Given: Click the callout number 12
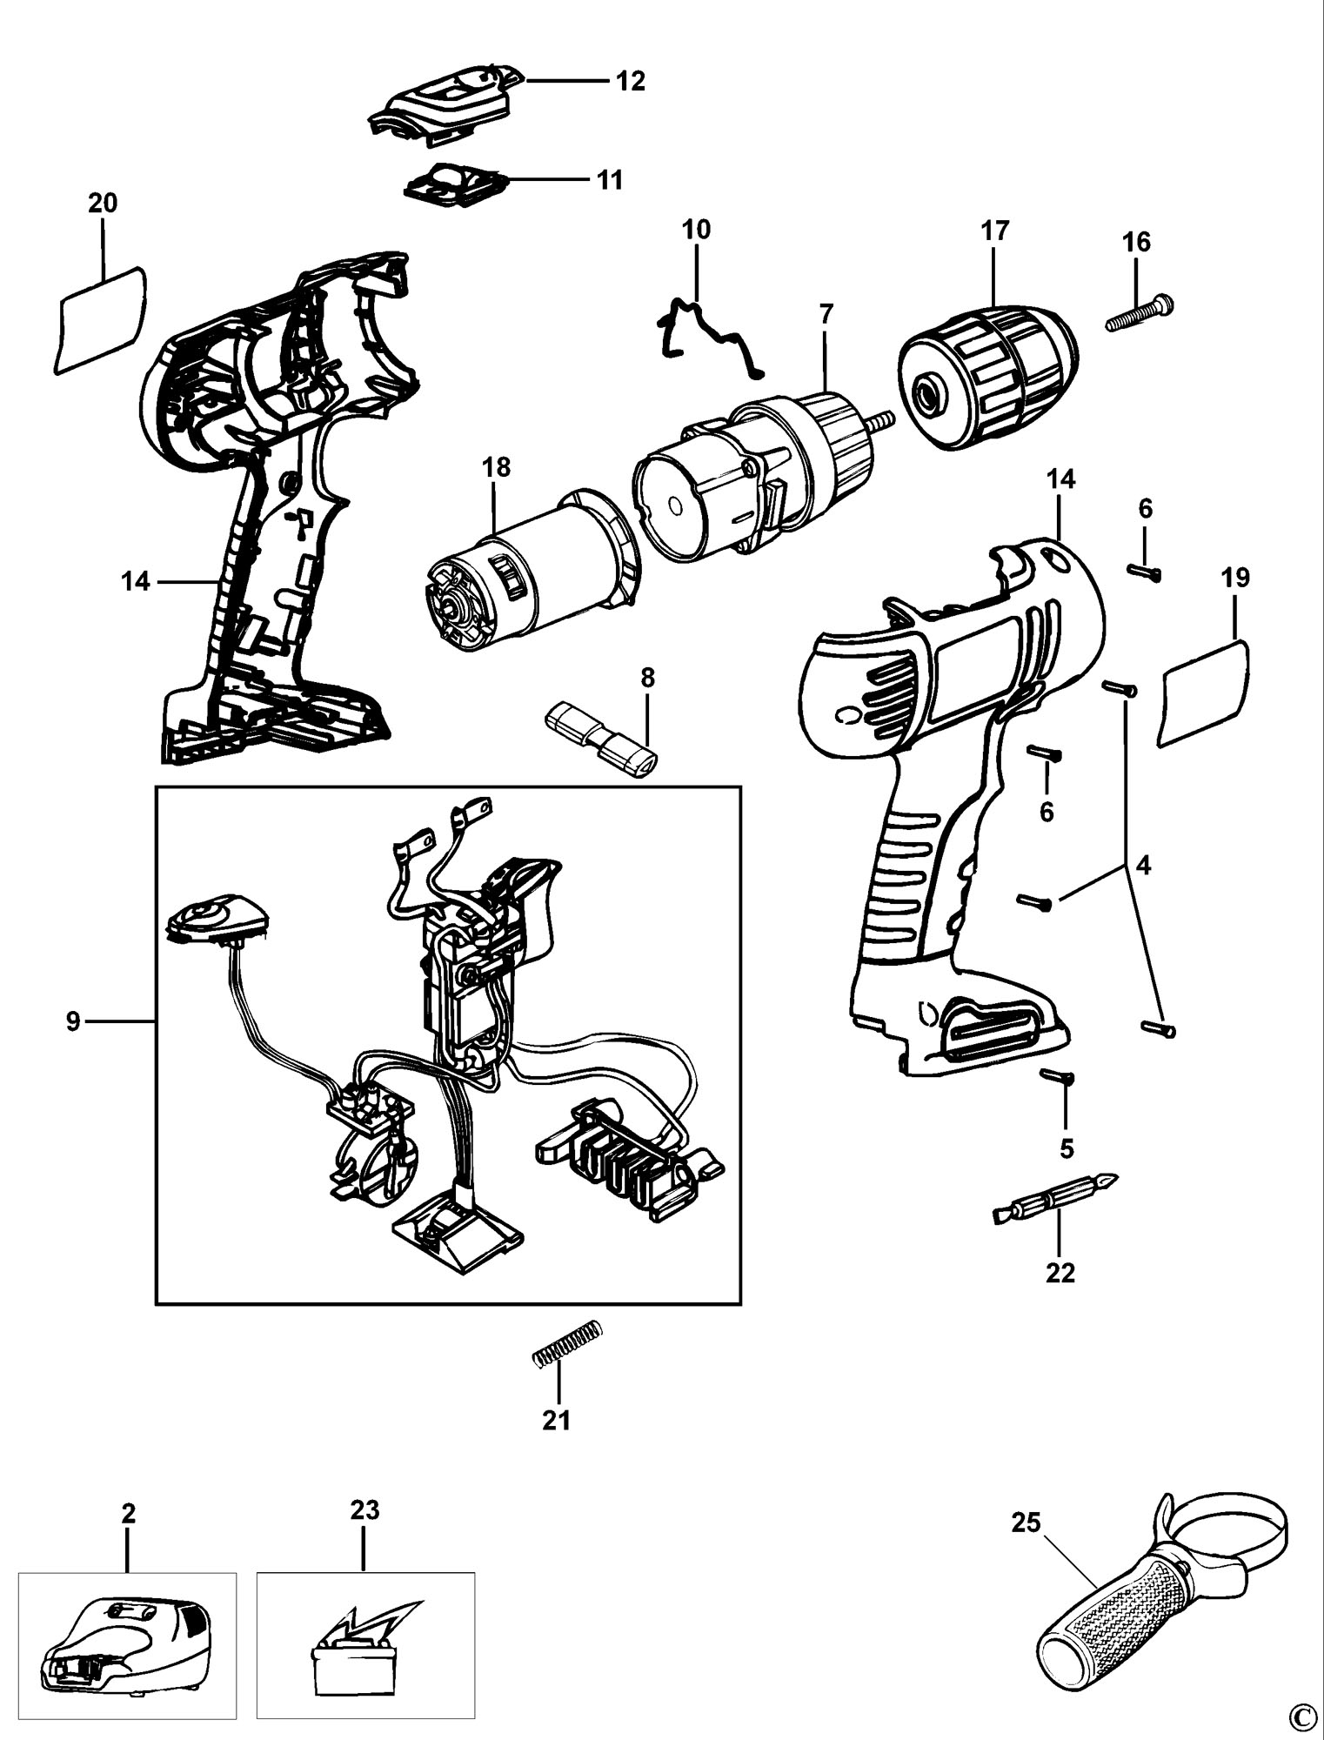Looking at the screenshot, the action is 631,81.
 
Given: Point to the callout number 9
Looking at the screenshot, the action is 73,1021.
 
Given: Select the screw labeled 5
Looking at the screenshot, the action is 1059,1078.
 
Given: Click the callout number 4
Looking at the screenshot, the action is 1143,868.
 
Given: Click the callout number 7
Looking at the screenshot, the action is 826,312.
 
